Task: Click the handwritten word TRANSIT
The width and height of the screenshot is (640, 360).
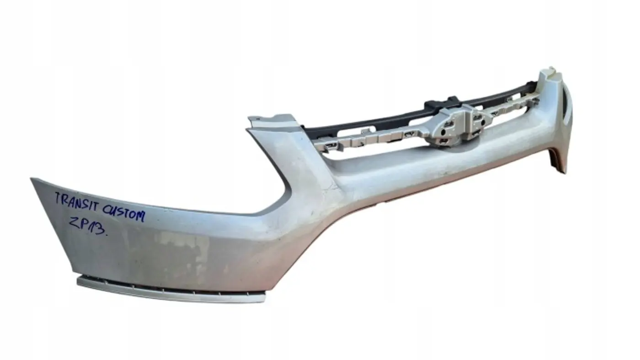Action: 78,202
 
